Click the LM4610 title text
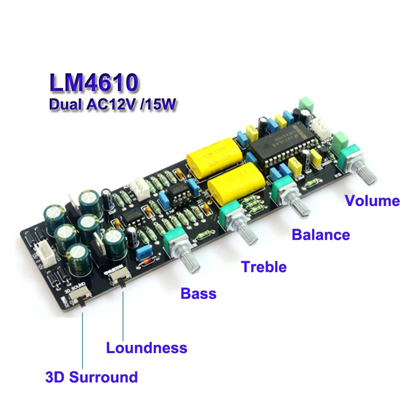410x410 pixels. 94,83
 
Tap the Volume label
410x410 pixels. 372,200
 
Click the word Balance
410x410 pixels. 321,235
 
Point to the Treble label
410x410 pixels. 264,266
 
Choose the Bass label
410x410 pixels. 198,294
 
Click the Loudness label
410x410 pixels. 147,348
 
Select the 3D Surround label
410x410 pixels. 91,378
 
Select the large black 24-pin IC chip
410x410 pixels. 277,146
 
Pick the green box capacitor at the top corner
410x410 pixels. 306,103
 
